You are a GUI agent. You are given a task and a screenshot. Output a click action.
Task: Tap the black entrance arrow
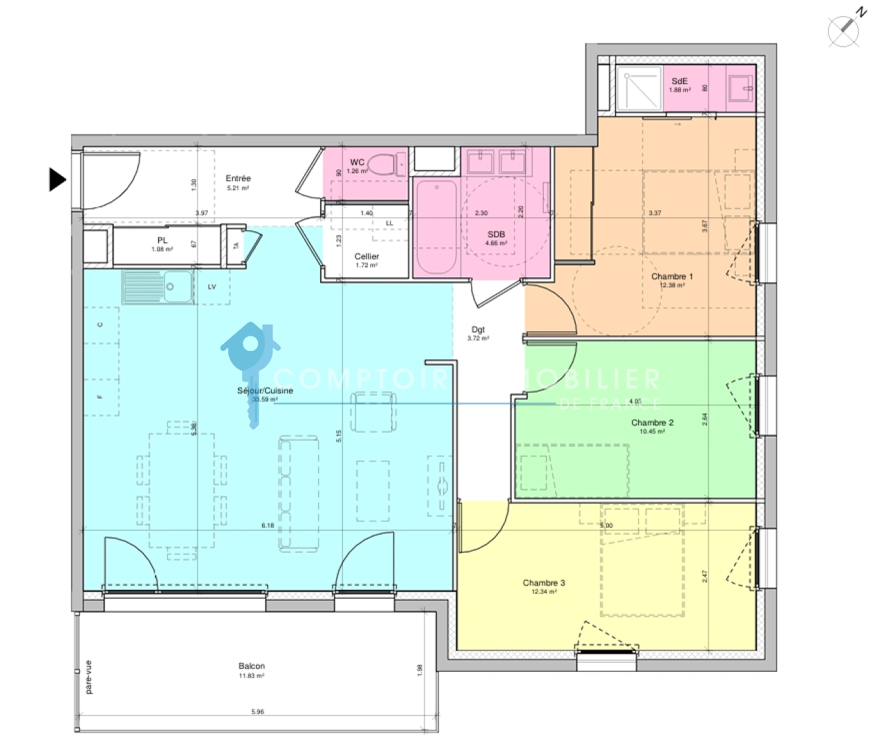[x=57, y=180]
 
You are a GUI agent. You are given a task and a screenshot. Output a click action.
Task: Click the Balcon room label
[x=251, y=666]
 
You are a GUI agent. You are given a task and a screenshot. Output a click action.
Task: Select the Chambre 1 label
[x=671, y=276]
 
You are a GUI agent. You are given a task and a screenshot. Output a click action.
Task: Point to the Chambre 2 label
[x=652, y=423]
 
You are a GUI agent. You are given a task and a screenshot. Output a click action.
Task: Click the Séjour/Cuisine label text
[x=265, y=391]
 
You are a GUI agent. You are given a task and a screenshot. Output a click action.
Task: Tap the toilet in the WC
[x=382, y=165]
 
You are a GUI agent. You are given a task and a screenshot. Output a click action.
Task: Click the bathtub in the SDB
[x=435, y=226]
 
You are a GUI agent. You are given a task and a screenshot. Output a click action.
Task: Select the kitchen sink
[x=158, y=287]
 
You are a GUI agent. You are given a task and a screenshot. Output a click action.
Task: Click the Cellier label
[x=367, y=256]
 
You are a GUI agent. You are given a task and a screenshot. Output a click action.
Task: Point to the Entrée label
[x=238, y=179]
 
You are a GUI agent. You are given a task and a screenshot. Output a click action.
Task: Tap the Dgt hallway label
[x=478, y=330]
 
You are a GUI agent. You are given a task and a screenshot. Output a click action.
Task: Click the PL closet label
[x=162, y=240]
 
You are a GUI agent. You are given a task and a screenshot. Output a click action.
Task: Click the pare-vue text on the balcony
[x=88, y=677]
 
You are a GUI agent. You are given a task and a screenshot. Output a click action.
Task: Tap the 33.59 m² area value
[x=264, y=400]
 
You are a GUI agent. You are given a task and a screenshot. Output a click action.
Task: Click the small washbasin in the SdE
[x=740, y=88]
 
